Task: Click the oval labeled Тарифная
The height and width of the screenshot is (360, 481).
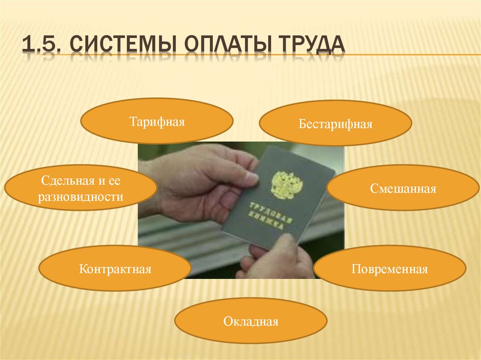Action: pyautogui.click(x=157, y=121)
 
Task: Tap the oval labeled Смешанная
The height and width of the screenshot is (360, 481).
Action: pyautogui.click(x=403, y=188)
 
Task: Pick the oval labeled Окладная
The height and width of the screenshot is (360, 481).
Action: pyautogui.click(x=251, y=322)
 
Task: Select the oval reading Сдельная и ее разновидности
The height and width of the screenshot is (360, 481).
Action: pyautogui.click(x=81, y=188)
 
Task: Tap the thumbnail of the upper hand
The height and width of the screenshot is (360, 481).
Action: pyautogui.click(x=252, y=178)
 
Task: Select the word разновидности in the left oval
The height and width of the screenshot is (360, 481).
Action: pyautogui.click(x=81, y=197)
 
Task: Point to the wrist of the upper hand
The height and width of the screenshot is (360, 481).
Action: pyautogui.click(x=150, y=188)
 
